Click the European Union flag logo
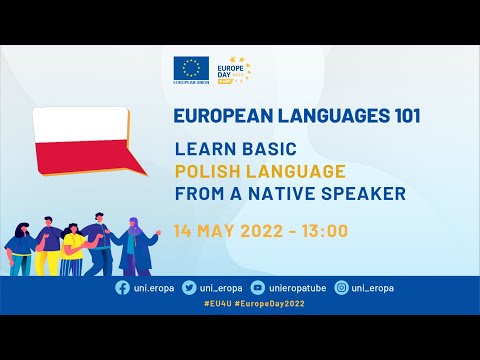(x=190, y=68)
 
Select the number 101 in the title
(x=401, y=116)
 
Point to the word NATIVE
(x=285, y=194)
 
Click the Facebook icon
(x=122, y=288)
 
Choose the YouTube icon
(x=259, y=288)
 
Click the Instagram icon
(x=342, y=288)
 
